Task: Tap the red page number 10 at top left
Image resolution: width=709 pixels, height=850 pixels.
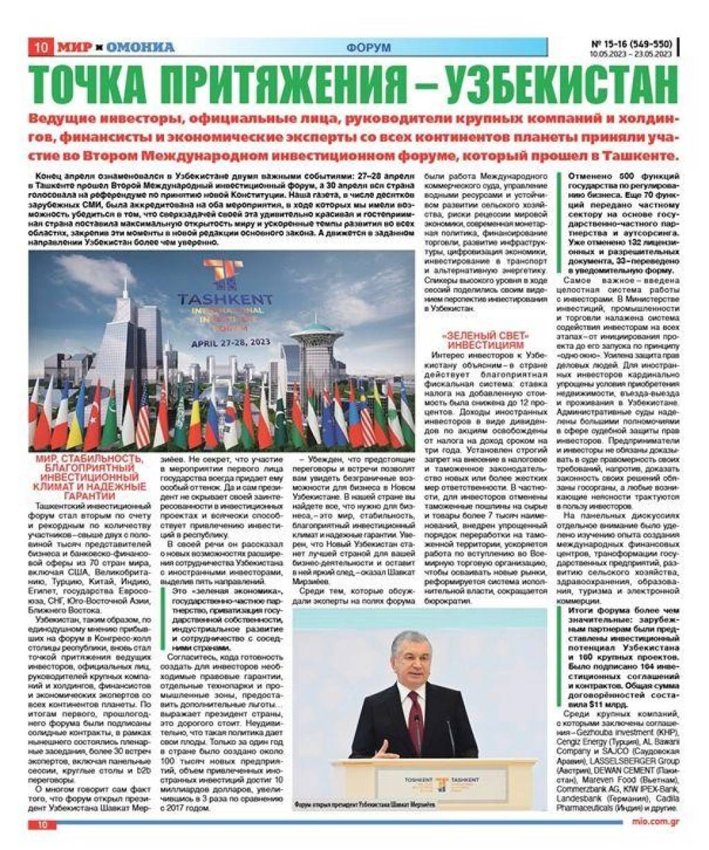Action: (40, 47)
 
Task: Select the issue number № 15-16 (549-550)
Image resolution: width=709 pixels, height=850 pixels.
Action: (631, 42)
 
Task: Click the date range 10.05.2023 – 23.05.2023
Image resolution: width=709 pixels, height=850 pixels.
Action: (631, 53)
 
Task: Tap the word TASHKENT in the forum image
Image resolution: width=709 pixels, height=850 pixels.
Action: (225, 300)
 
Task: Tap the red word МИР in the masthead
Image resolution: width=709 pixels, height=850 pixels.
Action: (74, 47)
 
